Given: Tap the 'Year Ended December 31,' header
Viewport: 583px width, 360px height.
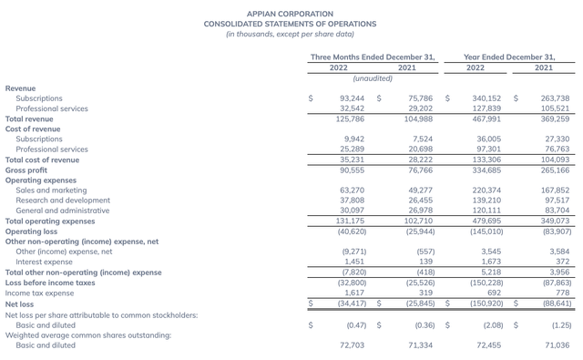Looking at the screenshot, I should [508, 57].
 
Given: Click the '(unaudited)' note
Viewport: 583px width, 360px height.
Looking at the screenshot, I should [372, 78].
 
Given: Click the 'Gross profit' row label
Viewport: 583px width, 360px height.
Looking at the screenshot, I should [26, 170].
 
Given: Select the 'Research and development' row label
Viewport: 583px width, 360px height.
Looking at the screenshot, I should [57, 201].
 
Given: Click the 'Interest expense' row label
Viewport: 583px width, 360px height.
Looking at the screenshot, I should [44, 262].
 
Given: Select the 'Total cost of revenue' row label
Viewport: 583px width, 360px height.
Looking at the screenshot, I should [42, 159].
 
